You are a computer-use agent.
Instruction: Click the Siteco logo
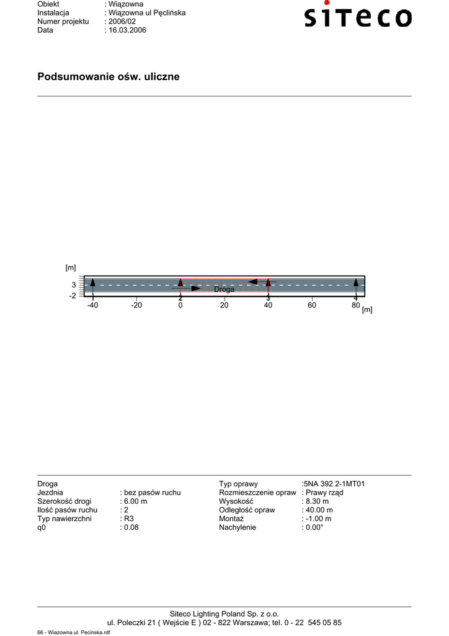click(358, 15)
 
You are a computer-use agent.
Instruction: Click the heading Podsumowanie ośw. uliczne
click(108, 76)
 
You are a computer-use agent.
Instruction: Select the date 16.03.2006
click(127, 30)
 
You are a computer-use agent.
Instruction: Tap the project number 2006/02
click(122, 22)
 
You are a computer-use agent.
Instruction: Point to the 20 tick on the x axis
click(224, 305)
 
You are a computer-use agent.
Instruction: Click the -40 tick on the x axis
click(93, 305)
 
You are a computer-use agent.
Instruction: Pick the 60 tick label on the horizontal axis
click(312, 305)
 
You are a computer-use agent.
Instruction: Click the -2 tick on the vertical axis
click(73, 296)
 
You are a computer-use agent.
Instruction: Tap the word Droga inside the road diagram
click(225, 289)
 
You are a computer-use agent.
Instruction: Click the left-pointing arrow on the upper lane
click(262, 281)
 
